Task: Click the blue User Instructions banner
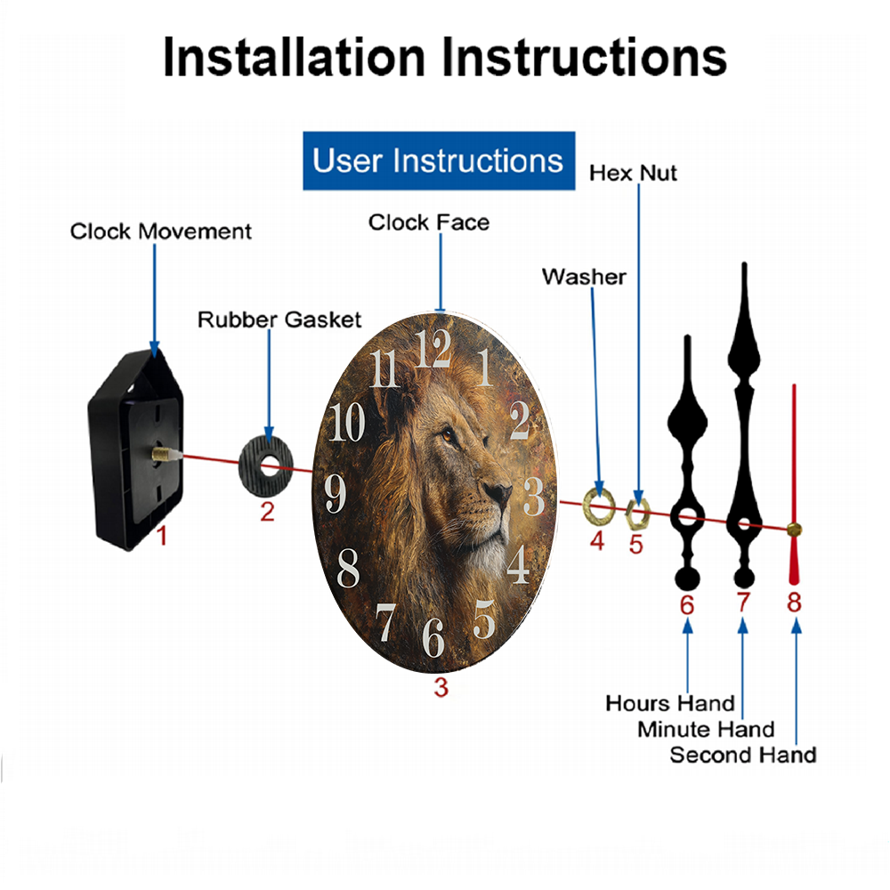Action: click(439, 160)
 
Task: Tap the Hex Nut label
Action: click(633, 174)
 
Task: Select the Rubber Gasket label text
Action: click(279, 320)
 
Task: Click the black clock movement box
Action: click(136, 449)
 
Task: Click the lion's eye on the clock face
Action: click(448, 436)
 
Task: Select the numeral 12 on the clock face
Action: click(433, 348)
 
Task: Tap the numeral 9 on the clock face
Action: click(335, 493)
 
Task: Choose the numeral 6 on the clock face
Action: click(433, 637)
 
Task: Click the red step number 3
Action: click(441, 687)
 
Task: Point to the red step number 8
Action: click(794, 603)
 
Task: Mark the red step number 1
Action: click(162, 536)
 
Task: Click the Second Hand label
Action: click(743, 755)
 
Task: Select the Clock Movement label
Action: click(160, 231)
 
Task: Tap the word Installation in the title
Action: click(294, 57)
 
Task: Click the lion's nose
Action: click(499, 491)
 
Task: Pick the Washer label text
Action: click(584, 277)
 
